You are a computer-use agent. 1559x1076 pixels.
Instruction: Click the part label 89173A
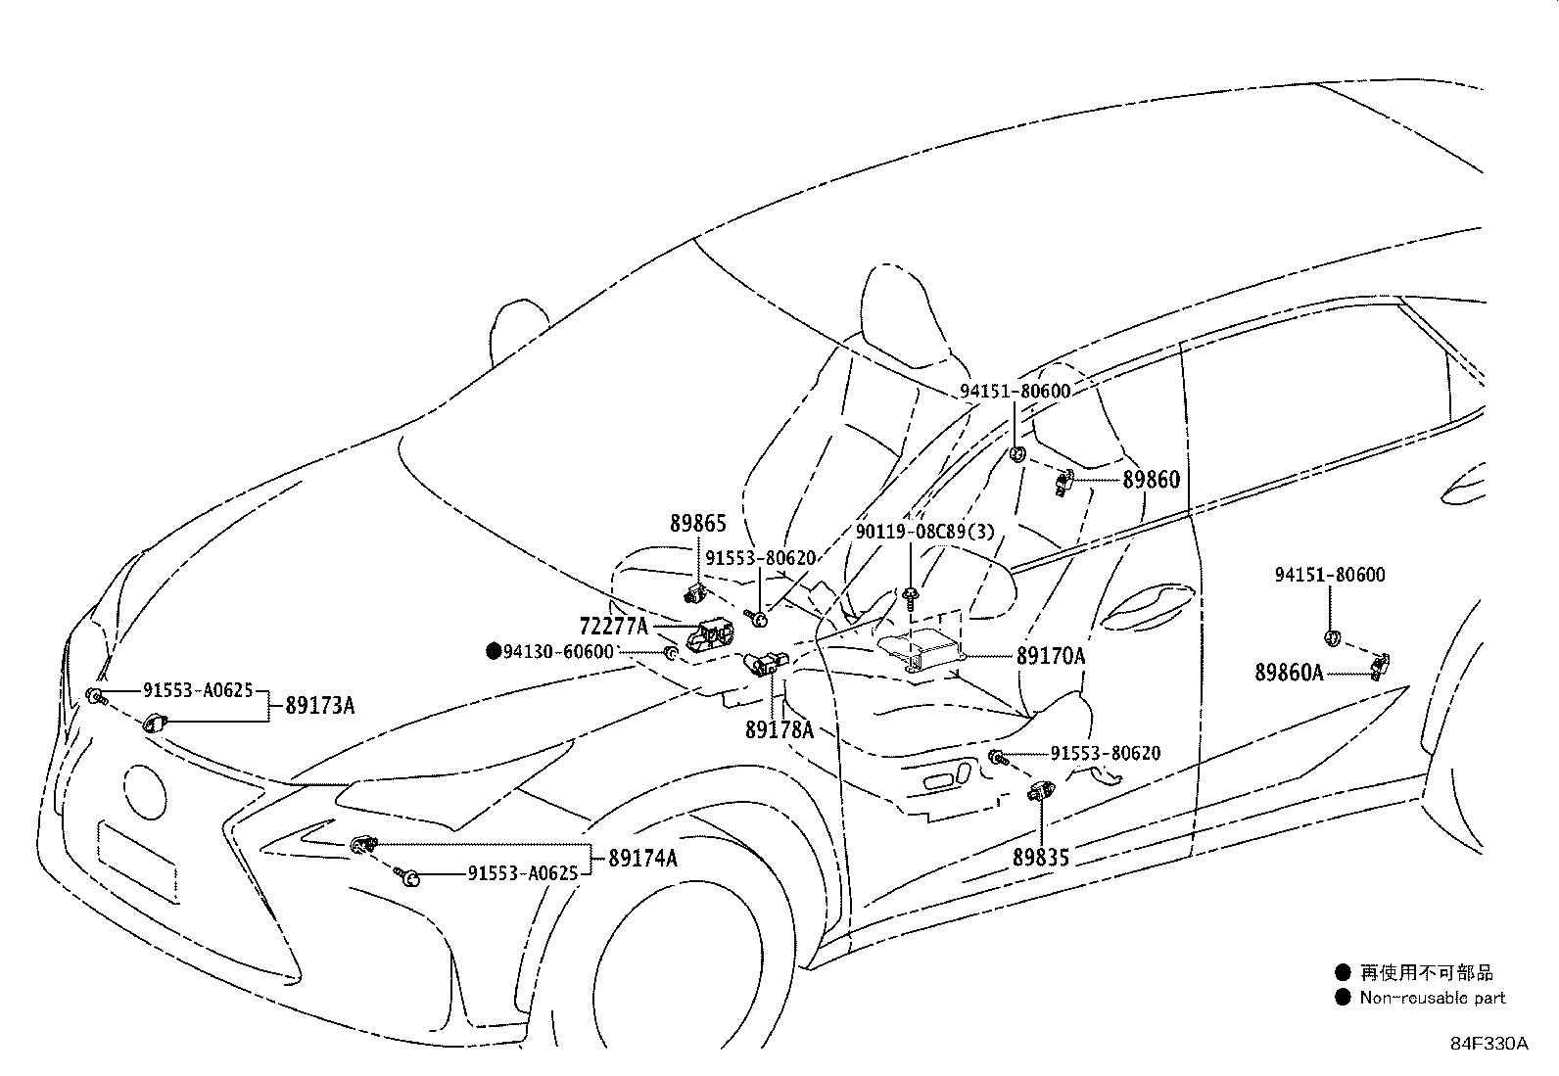click(x=320, y=706)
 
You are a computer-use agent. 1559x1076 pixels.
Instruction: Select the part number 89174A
click(x=642, y=858)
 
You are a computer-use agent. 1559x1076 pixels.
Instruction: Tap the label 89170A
click(x=1050, y=656)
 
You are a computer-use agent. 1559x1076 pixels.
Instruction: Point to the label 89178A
click(x=779, y=730)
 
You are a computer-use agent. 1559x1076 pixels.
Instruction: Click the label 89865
click(x=698, y=524)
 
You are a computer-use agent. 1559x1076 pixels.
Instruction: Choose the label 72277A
click(x=613, y=627)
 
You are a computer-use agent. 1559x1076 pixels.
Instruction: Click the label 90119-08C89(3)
click(x=925, y=532)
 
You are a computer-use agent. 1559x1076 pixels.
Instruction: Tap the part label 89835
click(x=1041, y=858)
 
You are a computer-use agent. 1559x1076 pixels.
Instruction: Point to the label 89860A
click(x=1289, y=673)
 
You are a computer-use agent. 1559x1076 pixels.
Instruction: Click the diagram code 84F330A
click(x=1489, y=1044)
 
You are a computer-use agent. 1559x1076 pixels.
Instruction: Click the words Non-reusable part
click(x=1433, y=998)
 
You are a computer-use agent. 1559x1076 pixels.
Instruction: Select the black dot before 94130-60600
click(x=494, y=651)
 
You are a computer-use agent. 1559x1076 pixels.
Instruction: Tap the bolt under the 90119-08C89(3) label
click(x=910, y=597)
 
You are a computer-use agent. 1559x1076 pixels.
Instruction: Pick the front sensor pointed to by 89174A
click(x=363, y=845)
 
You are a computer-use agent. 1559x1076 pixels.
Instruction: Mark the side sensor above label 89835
click(x=1041, y=791)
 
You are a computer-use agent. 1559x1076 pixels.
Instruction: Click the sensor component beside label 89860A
click(x=1379, y=666)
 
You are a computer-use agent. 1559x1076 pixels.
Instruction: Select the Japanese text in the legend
click(x=1426, y=972)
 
